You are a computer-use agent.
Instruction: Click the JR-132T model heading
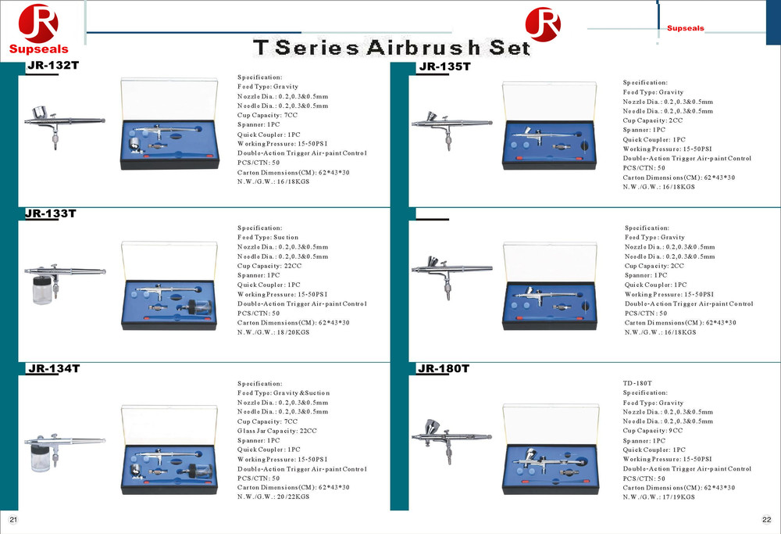(x=53, y=66)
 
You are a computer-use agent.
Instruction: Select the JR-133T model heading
(x=51, y=213)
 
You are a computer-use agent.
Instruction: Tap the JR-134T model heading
(x=54, y=368)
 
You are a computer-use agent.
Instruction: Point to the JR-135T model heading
(x=445, y=66)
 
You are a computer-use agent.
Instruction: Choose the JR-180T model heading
(x=444, y=368)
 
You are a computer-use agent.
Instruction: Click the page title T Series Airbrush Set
(x=391, y=48)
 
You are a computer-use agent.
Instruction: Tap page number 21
(x=13, y=520)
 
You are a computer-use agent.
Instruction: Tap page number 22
(x=767, y=520)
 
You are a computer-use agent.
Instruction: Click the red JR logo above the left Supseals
(x=38, y=23)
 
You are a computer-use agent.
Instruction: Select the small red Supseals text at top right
(x=686, y=28)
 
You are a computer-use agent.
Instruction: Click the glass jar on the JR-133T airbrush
(x=41, y=290)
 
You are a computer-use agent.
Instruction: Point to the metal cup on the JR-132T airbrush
(x=40, y=113)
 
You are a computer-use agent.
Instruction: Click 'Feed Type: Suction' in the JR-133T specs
(x=267, y=238)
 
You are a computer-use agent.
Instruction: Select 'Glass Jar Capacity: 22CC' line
(x=277, y=431)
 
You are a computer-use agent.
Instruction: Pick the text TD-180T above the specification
(x=637, y=383)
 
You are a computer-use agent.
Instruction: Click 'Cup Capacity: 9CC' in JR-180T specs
(x=652, y=430)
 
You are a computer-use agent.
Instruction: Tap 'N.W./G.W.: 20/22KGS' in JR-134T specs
(x=273, y=496)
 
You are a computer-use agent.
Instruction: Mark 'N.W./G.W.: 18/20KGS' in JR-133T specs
(x=273, y=332)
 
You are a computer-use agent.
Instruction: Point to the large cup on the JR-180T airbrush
(x=431, y=428)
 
